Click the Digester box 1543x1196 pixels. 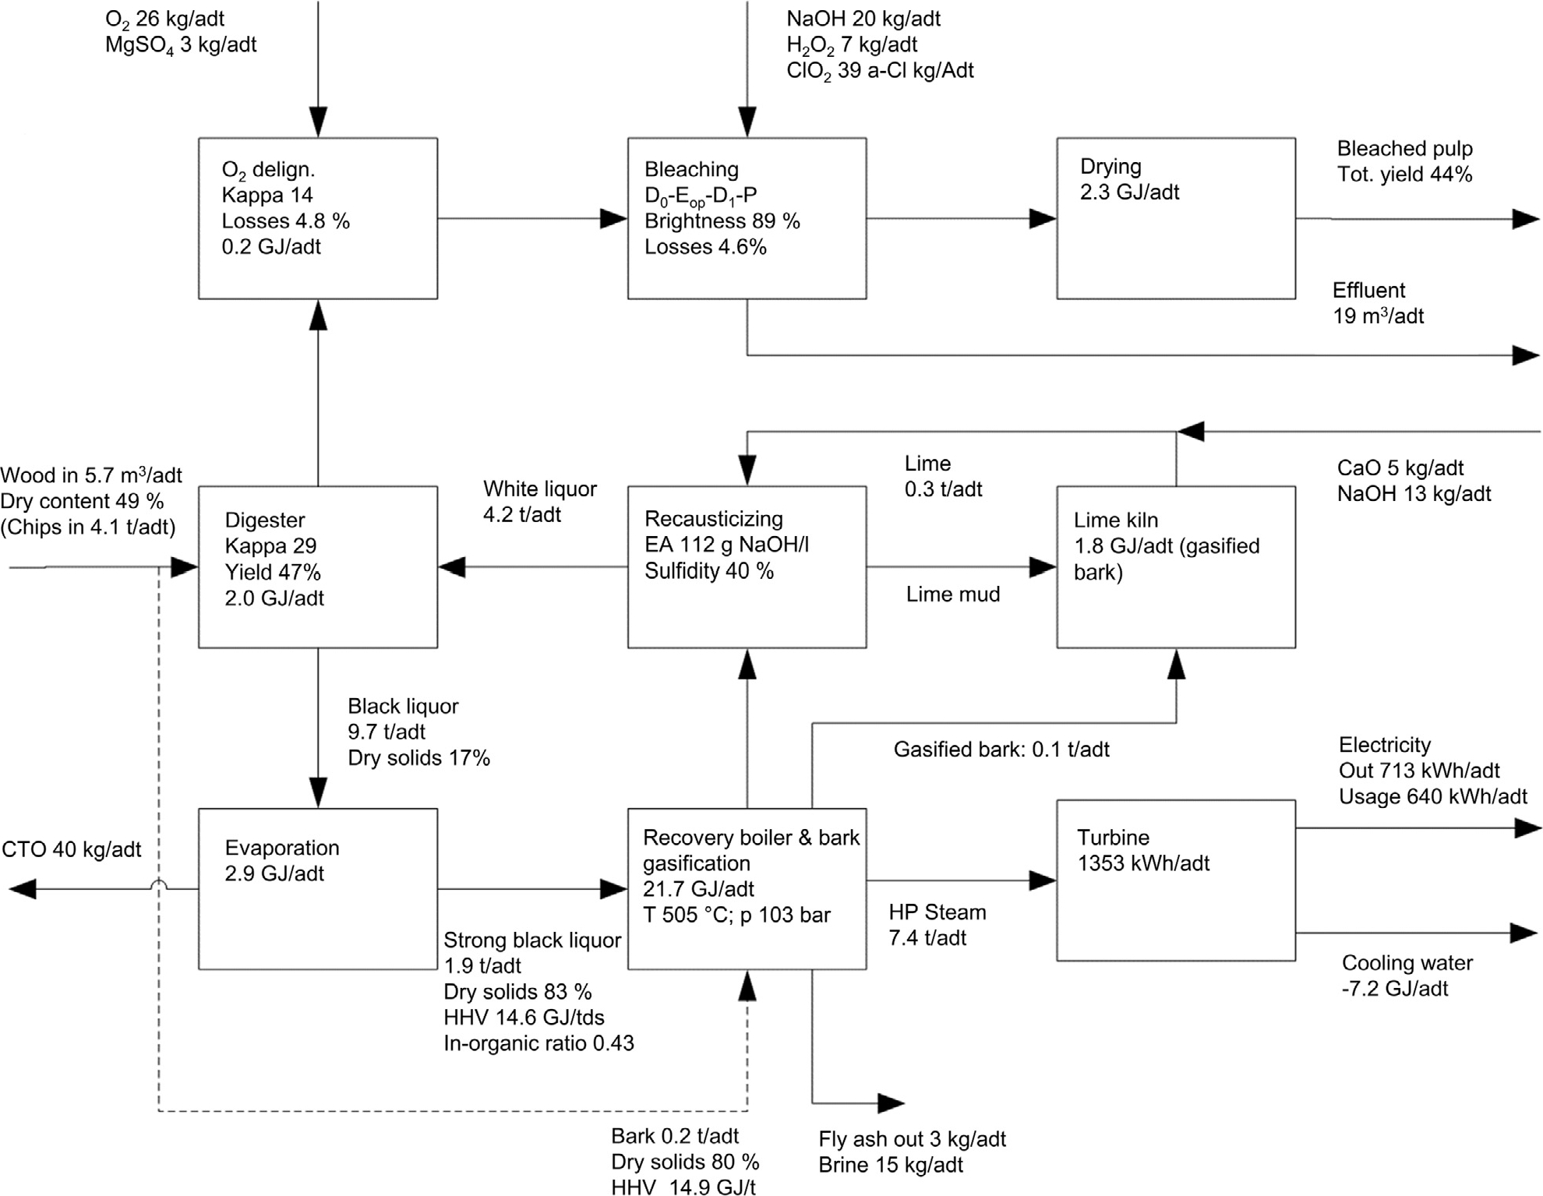pos(317,566)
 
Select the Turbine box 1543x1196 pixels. pos(1175,880)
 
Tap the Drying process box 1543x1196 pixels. pos(1175,218)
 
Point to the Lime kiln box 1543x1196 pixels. pos(1175,566)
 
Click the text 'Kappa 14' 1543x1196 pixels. pos(267,195)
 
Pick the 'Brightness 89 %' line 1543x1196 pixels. pos(722,221)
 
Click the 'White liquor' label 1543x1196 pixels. pos(539,489)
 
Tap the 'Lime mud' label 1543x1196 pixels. pos(952,594)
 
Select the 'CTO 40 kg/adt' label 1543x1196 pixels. pos(71,849)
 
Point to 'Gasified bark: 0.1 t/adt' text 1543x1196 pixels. pos(1001,750)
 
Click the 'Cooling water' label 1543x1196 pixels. pos(1407,963)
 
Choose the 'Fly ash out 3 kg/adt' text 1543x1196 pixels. pos(912,1139)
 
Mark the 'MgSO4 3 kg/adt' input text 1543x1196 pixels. pos(181,45)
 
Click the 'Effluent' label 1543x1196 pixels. pos(1368,291)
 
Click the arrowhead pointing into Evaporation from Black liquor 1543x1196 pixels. pos(318,792)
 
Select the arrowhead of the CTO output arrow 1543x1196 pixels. pos(22,888)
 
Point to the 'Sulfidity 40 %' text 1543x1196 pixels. pos(708,571)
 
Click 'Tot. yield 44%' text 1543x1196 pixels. pos(1404,175)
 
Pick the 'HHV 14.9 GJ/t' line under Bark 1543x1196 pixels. pos(683,1187)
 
